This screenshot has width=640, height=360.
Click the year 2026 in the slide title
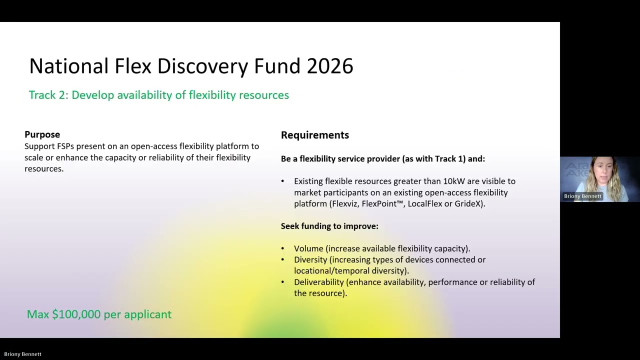[x=330, y=66]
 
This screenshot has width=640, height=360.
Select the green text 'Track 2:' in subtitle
[x=48, y=95]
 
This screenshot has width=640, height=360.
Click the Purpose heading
[x=42, y=134]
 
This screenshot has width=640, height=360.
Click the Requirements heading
[x=314, y=135]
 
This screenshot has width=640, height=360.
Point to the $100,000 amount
[x=76, y=314]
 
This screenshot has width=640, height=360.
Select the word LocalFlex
[x=424, y=204]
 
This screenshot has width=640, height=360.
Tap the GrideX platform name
[x=468, y=204]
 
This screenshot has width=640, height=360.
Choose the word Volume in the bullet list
[x=308, y=248]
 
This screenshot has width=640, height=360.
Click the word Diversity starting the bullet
[x=310, y=260]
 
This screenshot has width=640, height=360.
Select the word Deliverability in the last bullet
[x=318, y=282]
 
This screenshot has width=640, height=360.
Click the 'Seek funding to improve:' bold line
[x=329, y=226]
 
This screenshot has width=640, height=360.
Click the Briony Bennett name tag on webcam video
[x=582, y=196]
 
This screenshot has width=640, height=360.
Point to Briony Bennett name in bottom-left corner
[x=23, y=354]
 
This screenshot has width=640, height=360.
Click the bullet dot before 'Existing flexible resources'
[x=282, y=181]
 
